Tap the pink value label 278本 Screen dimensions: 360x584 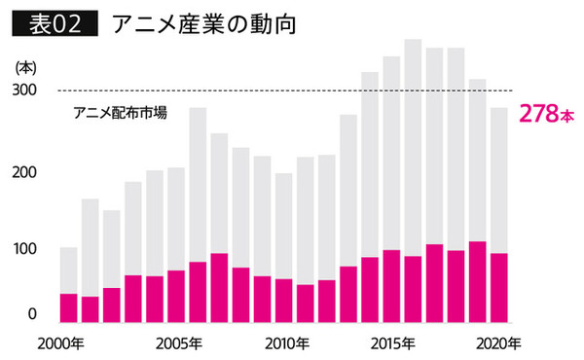click(547, 114)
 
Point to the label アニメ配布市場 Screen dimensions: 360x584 click(121, 112)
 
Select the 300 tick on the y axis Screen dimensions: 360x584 click(25, 90)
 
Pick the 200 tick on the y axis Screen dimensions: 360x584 click(25, 172)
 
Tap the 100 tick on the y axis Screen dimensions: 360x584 click(25, 249)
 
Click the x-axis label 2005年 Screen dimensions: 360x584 click(177, 343)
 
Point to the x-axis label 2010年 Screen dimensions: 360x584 click(284, 343)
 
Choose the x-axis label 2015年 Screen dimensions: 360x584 click(391, 343)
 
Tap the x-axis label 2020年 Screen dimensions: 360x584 click(498, 343)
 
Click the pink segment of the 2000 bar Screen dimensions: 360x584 click(69, 307)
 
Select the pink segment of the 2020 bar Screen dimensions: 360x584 click(498, 288)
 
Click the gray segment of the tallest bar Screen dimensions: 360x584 click(412, 146)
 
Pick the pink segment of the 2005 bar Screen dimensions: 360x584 click(176, 297)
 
